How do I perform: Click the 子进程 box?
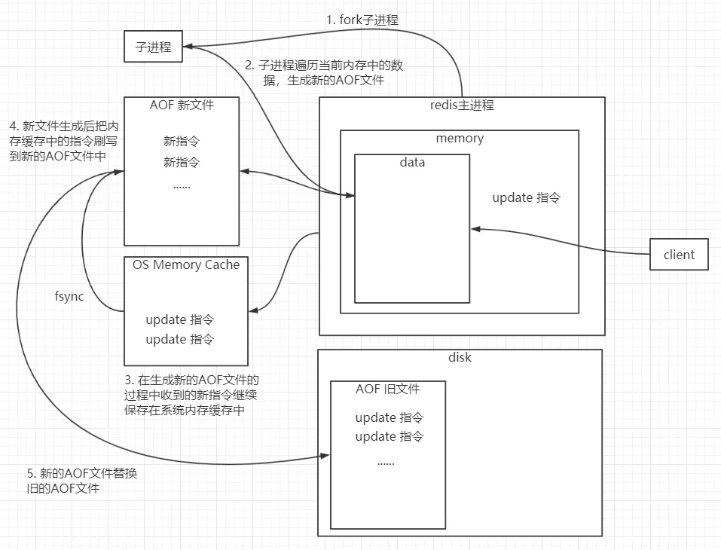pyautogui.click(x=153, y=47)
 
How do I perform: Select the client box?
pyautogui.click(x=679, y=255)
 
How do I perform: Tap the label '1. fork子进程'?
pyautogui.click(x=362, y=20)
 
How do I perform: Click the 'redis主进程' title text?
pyautogui.click(x=462, y=105)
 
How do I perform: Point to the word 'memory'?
pyautogui.click(x=460, y=138)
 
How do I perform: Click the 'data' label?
pyautogui.click(x=412, y=162)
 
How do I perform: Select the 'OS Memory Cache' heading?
pyautogui.click(x=186, y=264)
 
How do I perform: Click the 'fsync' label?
pyautogui.click(x=69, y=295)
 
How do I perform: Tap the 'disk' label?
pyautogui.click(x=460, y=357)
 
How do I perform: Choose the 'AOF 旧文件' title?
pyautogui.click(x=388, y=389)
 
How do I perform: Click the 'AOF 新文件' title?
pyautogui.click(x=182, y=105)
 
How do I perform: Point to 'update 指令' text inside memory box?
pyautogui.click(x=527, y=197)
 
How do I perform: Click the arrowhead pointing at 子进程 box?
pyautogui.click(x=188, y=47)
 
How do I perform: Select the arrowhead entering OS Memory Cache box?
pyautogui.click(x=254, y=311)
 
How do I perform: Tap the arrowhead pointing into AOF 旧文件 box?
pyautogui.click(x=325, y=456)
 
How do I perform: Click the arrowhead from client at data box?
pyautogui.click(x=475, y=228)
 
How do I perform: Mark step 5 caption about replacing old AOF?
pyautogui.click(x=82, y=481)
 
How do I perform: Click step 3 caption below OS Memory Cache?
pyautogui.click(x=191, y=395)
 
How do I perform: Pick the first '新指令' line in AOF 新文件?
pyautogui.click(x=182, y=141)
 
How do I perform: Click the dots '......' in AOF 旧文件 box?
pyautogui.click(x=386, y=463)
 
